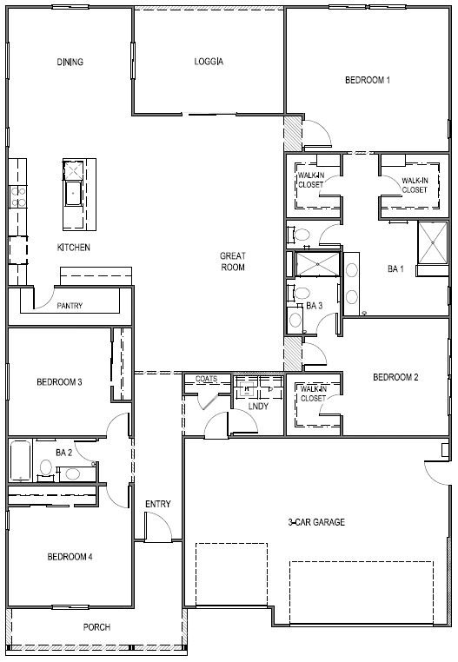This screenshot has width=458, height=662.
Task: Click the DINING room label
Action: pyautogui.click(x=70, y=62)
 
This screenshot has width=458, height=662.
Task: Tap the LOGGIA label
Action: pyautogui.click(x=209, y=62)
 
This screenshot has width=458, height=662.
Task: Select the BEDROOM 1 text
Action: pyautogui.click(x=367, y=80)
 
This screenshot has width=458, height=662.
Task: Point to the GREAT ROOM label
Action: pyautogui.click(x=232, y=261)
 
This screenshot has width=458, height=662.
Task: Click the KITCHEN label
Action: pyautogui.click(x=74, y=248)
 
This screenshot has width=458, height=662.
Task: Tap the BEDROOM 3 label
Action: pyautogui.click(x=59, y=381)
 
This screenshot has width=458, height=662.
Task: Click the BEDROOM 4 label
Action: pyautogui.click(x=70, y=557)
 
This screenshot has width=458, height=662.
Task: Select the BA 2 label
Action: pyautogui.click(x=63, y=453)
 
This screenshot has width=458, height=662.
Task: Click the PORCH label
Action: pyautogui.click(x=96, y=627)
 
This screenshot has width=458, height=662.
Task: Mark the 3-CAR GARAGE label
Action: pyautogui.click(x=317, y=522)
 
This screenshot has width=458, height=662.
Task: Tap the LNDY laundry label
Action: pyautogui.click(x=256, y=405)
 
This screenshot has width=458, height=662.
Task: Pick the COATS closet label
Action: pyautogui.click(x=206, y=379)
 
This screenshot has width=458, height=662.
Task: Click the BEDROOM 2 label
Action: pyautogui.click(x=395, y=377)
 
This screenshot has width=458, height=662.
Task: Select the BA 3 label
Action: pyautogui.click(x=314, y=306)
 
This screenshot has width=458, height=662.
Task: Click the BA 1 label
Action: pyautogui.click(x=395, y=269)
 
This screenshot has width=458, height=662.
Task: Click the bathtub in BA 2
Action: pyautogui.click(x=20, y=460)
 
